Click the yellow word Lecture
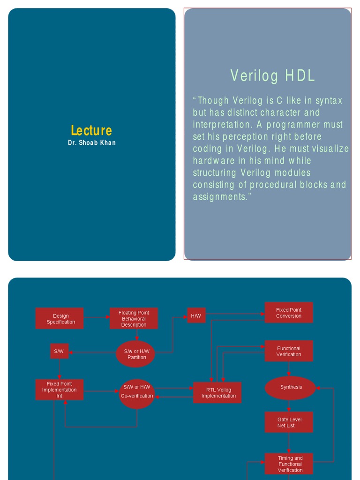coord(91,130)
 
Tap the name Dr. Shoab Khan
coord(91,142)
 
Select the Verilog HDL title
coord(272,76)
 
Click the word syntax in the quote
coord(329,100)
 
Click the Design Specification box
coord(60,319)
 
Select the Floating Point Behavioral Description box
coord(134,319)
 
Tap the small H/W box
coord(196,316)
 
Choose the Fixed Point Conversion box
coord(288,313)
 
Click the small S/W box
coord(59,351)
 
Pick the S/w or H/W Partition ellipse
coord(136,354)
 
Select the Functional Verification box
coord(288,351)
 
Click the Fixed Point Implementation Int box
coord(59,390)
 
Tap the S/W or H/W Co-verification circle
coord(136,393)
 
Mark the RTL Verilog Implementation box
coord(218,393)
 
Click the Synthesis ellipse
coord(291,388)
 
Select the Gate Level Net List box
coord(288,422)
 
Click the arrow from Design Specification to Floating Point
coord(97,318)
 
